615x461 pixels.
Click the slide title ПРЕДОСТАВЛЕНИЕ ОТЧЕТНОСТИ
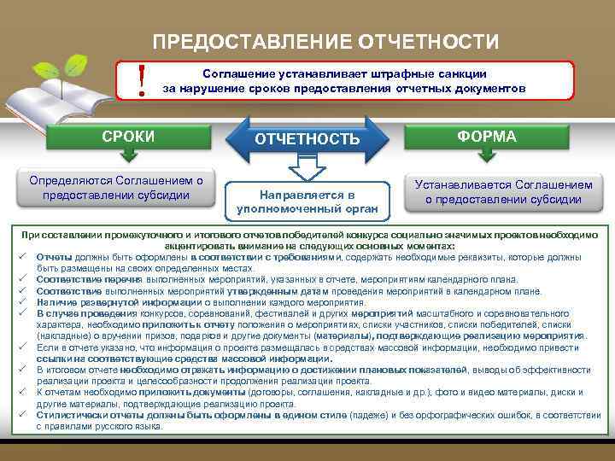[x=325, y=42]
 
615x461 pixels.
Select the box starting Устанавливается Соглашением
[x=503, y=191]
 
